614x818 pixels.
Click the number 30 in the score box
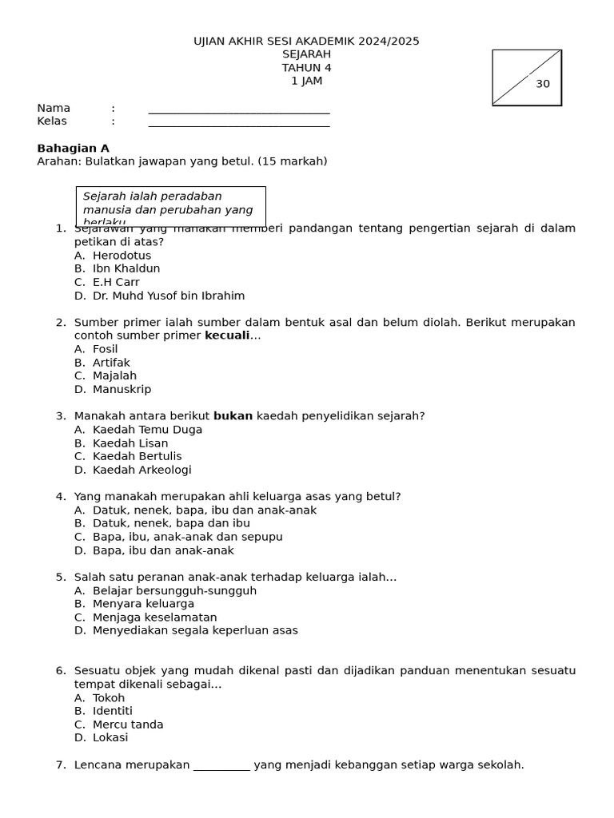(x=543, y=84)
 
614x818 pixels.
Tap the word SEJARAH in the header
(x=306, y=54)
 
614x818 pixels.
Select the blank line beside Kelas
(x=238, y=124)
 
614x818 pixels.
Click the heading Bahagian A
(x=74, y=149)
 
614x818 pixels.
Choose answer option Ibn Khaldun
(x=126, y=268)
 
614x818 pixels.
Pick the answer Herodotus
(x=122, y=256)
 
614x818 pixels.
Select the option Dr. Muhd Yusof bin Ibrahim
(x=169, y=296)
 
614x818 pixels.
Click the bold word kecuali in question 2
(x=227, y=336)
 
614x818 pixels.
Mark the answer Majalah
(x=114, y=375)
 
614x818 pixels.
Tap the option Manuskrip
(x=122, y=389)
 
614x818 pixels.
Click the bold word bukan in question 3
(x=233, y=416)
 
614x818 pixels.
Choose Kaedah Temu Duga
(x=147, y=430)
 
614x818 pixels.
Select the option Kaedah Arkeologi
(x=142, y=470)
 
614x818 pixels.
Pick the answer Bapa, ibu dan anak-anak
(x=163, y=550)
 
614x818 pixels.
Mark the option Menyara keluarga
(x=143, y=604)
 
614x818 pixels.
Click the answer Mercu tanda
(x=128, y=725)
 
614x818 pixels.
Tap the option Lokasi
(x=110, y=738)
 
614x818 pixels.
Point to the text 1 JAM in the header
(x=306, y=81)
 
